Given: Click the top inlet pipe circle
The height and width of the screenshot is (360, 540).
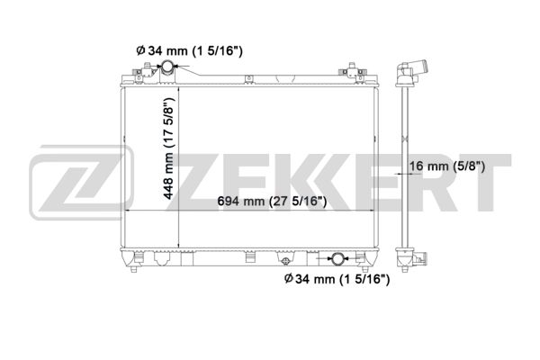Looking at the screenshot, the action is point(168,66).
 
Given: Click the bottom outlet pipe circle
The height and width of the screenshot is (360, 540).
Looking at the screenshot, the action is point(337,258).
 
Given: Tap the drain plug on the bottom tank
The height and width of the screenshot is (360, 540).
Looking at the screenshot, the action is point(285,262).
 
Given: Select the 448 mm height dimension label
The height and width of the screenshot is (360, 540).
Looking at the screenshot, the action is point(168,148).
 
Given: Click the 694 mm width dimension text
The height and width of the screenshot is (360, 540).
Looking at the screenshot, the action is point(272,201).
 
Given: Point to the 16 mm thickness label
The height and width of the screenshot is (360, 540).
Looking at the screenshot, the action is point(447,166).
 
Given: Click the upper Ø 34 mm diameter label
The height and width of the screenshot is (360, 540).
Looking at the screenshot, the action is point(189,51).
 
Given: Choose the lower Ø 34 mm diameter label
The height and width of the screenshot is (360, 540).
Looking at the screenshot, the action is point(337,279).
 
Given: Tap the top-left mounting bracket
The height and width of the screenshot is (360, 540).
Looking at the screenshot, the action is point(145,72).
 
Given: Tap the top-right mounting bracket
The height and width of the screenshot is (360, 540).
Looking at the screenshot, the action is point(353,72).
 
